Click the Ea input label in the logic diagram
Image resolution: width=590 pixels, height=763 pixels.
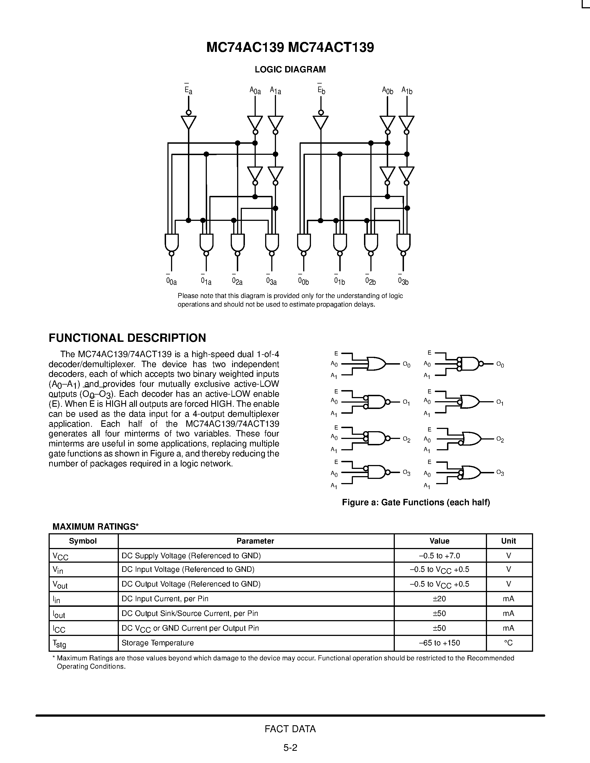189,90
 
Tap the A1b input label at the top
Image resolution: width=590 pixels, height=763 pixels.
407,90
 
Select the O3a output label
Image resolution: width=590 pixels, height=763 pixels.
271,281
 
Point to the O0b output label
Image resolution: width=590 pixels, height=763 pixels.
303,281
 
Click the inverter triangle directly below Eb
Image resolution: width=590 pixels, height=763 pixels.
320,122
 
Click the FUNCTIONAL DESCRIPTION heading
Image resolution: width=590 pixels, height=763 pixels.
127,338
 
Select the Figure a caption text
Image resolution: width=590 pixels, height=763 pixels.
416,502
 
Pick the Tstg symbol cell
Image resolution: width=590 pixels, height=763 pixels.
59,643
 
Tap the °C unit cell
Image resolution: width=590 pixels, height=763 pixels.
509,643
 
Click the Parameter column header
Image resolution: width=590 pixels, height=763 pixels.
255,541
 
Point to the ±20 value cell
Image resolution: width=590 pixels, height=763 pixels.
439,598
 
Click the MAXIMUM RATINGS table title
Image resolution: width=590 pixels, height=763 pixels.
96,527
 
